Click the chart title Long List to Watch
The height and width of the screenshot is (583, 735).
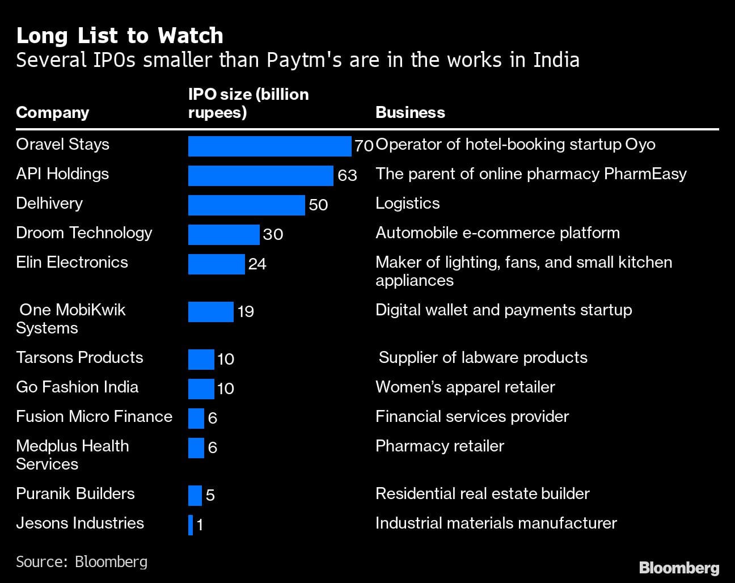point(120,36)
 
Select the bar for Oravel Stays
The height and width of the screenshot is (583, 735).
point(269,146)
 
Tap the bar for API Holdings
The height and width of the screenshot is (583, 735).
point(260,175)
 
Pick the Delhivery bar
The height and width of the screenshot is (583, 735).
point(246,205)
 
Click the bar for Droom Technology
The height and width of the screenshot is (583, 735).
point(223,234)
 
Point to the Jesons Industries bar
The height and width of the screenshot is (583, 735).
point(191,525)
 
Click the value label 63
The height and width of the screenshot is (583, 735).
point(347,175)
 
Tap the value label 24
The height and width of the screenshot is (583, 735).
point(257,264)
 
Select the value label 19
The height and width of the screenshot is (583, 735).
point(246,311)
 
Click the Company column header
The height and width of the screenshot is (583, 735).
point(53,112)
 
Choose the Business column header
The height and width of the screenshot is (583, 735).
point(410,112)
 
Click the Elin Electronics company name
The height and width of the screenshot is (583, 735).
point(72,262)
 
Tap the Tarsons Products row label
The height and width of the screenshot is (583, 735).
point(79,357)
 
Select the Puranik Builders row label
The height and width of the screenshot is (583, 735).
point(75,493)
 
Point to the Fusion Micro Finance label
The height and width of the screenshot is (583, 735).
point(94,416)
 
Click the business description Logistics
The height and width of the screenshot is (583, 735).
point(407,203)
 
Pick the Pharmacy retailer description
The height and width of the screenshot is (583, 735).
point(440,446)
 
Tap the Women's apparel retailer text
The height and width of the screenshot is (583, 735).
point(465,387)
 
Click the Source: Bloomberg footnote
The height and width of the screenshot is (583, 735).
point(82,561)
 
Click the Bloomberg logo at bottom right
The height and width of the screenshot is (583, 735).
point(679,568)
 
